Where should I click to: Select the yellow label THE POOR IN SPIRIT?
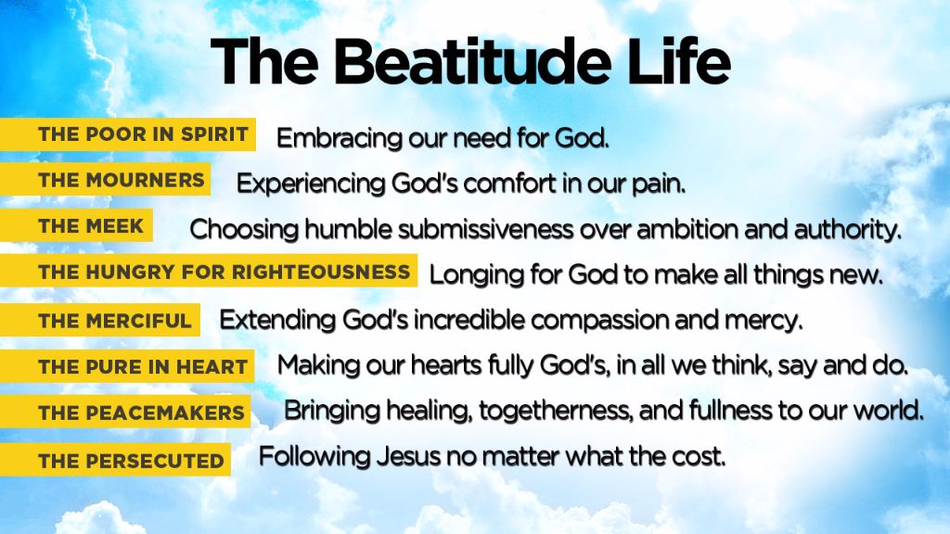click(143, 134)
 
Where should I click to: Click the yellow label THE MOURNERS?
click(121, 180)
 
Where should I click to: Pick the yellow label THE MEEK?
click(91, 225)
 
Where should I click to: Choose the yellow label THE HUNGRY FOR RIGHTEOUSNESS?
click(224, 272)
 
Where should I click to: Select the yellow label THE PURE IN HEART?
click(143, 366)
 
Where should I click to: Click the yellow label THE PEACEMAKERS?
click(141, 413)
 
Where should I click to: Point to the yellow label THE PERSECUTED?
click(131, 460)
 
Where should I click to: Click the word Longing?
click(476, 275)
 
